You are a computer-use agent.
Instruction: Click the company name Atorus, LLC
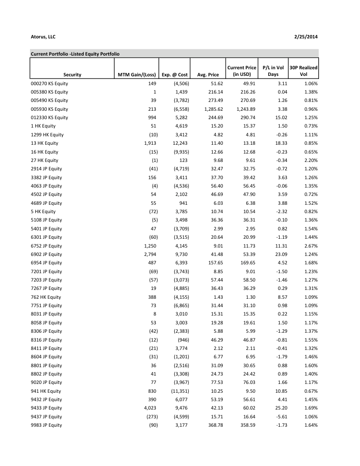[43, 37]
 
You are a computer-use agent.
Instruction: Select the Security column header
[72, 75]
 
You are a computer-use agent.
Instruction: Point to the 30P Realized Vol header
[304, 71]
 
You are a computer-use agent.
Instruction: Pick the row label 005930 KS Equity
[49, 109]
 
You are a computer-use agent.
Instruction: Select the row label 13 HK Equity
[44, 143]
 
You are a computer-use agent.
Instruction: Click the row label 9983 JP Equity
[46, 425]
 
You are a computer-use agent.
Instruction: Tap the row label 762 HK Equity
[46, 297]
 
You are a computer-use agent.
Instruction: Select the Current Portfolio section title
[75, 54]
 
